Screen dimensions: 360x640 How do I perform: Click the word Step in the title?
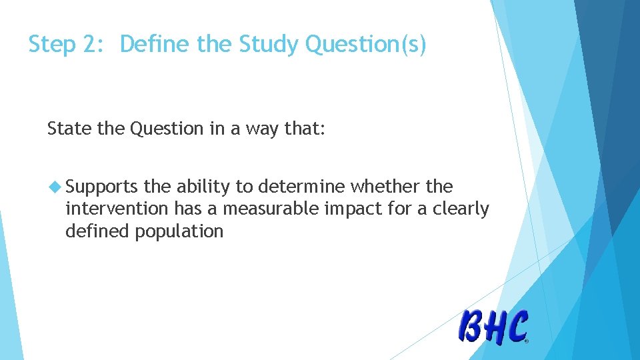pos(51,45)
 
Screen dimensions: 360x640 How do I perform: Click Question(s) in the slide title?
pos(365,45)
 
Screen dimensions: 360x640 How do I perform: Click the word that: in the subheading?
pos(305,129)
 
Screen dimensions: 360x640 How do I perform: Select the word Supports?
pos(102,187)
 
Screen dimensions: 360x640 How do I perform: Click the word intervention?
pos(117,209)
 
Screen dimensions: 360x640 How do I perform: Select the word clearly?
pos(460,209)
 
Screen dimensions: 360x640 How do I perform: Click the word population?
pos(179,231)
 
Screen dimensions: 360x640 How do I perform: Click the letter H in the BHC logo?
pos(495,327)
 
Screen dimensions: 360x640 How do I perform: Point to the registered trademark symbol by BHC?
pos(526,341)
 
